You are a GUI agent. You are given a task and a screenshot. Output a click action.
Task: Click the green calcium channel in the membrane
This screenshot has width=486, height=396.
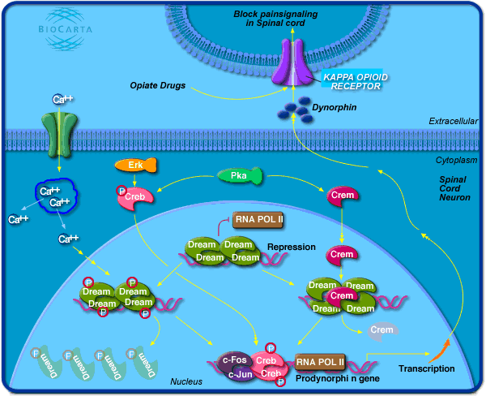click(59, 135)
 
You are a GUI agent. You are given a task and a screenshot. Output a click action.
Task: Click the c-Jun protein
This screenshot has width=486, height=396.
click(241, 374)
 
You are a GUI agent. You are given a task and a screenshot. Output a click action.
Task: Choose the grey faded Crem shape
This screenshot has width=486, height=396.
click(382, 330)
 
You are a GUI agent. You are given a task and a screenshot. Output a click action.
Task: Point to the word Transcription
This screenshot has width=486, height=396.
click(426, 369)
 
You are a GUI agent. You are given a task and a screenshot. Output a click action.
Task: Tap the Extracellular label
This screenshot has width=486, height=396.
click(454, 122)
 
